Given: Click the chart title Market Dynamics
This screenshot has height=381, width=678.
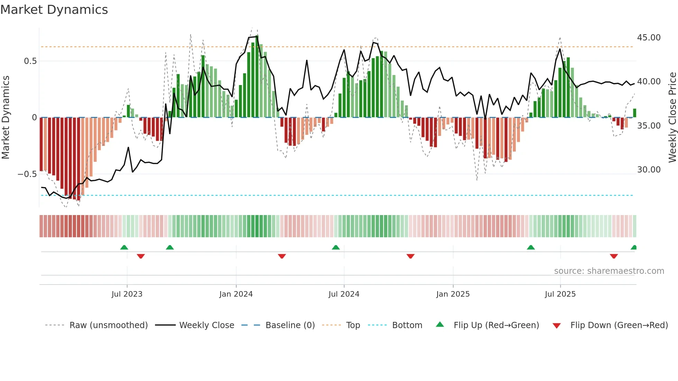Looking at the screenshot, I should click(54, 10).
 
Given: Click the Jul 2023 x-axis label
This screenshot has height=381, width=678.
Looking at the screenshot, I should click(127, 294).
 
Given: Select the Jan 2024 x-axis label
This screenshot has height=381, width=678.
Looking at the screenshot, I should click(236, 294).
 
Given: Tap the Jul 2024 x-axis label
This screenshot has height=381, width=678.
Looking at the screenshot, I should click(344, 294).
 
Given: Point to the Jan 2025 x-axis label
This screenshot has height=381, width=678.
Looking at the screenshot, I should click(453, 294).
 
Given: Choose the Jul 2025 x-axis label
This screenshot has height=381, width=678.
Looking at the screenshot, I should click(560, 294).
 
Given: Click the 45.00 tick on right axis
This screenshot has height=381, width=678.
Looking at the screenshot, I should click(649, 38).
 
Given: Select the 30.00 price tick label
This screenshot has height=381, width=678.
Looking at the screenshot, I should click(649, 170).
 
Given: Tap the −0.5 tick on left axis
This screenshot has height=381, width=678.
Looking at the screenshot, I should click(27, 174).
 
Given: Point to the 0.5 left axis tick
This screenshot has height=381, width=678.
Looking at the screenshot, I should click(30, 61).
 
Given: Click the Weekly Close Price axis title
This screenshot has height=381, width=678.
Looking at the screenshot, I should click(672, 117).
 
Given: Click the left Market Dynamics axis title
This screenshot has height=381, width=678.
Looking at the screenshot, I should click(6, 117).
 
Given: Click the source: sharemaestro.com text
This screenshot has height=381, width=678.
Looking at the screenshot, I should click(609, 271).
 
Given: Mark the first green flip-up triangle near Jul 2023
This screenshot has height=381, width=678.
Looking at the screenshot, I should click(124, 247).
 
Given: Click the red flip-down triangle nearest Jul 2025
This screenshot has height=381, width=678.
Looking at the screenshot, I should click(614, 256).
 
